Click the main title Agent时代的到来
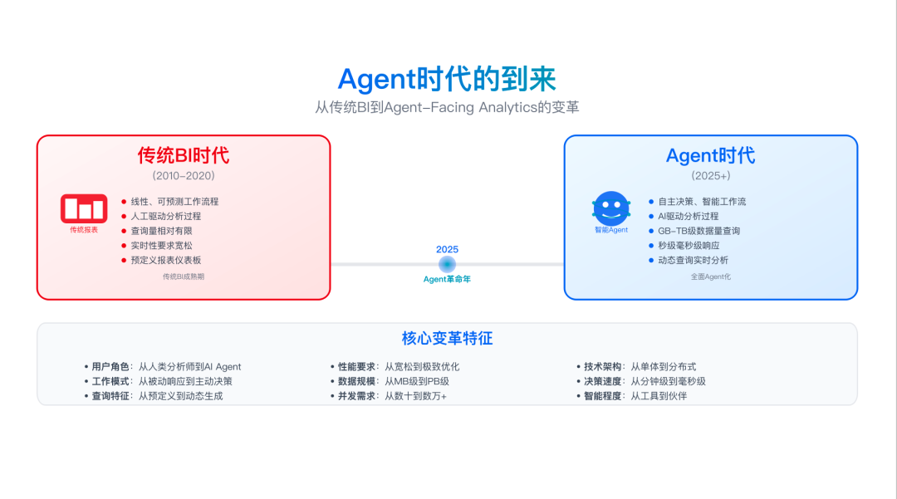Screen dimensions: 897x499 point(447,78)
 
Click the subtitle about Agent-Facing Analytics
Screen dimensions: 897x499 point(447,107)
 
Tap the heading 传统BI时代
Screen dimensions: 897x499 point(184,155)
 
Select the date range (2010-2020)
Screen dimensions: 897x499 point(184,176)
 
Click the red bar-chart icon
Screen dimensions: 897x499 point(84,208)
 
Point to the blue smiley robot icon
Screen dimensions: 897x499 point(611,208)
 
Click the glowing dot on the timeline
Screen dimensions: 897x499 point(447,264)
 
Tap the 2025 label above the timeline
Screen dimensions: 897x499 point(447,249)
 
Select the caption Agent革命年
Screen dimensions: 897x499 point(447,279)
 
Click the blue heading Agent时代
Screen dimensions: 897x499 point(710,155)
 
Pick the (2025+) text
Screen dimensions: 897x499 point(710,176)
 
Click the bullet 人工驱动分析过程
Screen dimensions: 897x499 point(166,216)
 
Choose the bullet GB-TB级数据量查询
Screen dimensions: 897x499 point(698,231)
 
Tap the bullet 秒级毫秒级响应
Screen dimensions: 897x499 point(689,246)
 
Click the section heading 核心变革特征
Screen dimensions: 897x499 point(447,338)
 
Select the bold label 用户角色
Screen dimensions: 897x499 point(110,366)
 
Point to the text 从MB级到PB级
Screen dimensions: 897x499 point(416,381)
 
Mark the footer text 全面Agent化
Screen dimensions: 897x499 point(710,276)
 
